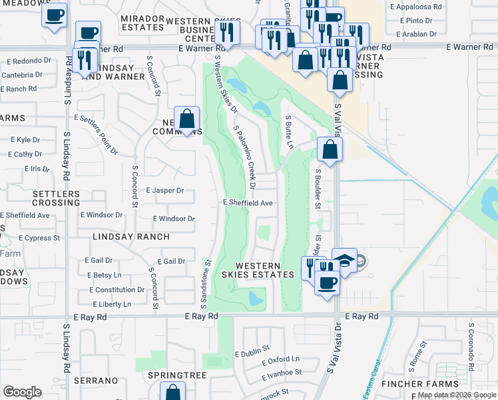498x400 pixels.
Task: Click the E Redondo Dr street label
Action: (29, 61)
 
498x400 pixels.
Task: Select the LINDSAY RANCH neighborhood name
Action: (131, 237)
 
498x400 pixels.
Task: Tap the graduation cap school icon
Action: (345, 260)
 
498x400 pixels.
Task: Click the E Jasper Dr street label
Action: (164, 191)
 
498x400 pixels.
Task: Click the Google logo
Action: (22, 391)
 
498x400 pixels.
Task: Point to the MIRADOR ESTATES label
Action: (143, 22)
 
